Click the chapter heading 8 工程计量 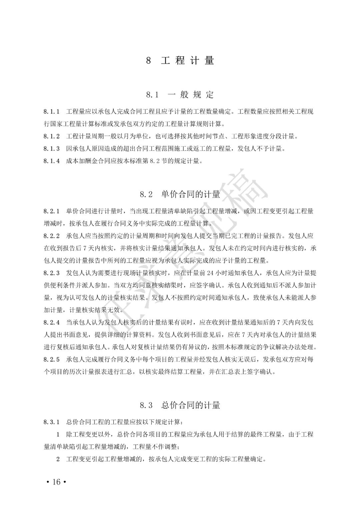[x=180, y=61]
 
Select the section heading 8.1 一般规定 [x=180, y=95]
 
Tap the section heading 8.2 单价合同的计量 [x=180, y=194]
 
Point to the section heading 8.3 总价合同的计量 [x=180, y=405]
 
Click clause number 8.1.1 [x=52, y=111]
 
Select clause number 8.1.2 [x=52, y=136]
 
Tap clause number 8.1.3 [x=52, y=149]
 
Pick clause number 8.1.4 [x=52, y=161]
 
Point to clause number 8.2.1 [x=52, y=211]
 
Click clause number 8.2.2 [x=52, y=236]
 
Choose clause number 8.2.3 [x=52, y=273]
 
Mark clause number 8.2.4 [x=52, y=323]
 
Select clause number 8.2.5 [x=52, y=360]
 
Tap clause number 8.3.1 [x=52, y=422]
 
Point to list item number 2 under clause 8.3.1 [x=58, y=459]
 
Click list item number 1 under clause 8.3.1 [x=58, y=434]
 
